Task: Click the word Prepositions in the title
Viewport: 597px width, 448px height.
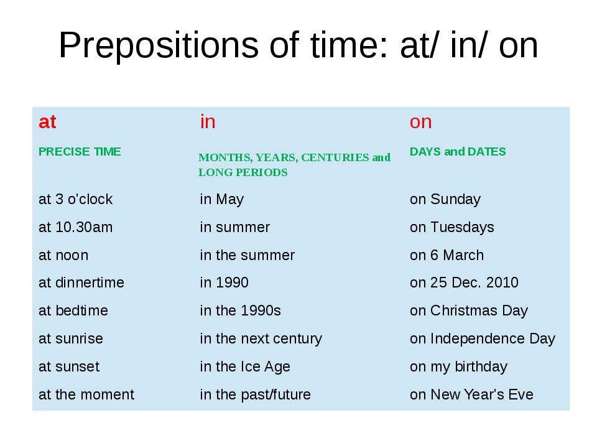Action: [159, 45]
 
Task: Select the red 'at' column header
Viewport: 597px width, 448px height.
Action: [47, 122]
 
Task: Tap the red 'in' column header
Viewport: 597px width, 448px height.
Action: [208, 121]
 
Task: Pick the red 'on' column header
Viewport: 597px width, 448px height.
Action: [421, 123]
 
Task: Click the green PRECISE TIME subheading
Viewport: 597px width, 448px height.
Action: [80, 152]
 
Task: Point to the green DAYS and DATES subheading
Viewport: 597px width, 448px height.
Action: [458, 152]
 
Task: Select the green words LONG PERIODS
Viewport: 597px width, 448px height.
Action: [243, 172]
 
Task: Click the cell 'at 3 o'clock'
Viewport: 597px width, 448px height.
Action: [75, 199]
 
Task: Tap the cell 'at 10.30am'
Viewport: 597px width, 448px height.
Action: [75, 227]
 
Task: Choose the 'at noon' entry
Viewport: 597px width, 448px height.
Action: [63, 255]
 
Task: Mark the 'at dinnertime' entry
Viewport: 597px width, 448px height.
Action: [81, 282]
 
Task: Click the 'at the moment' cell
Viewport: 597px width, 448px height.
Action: [86, 394]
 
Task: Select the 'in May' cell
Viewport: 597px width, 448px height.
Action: [221, 199]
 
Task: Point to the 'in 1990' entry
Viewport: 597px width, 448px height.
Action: [224, 282]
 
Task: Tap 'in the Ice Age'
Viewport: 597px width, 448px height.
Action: [245, 367]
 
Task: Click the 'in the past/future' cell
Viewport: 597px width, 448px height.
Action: [255, 394]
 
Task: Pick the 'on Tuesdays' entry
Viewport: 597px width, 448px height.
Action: [452, 228]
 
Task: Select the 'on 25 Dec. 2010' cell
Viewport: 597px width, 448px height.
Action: [464, 282]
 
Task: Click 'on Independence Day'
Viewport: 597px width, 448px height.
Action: [483, 339]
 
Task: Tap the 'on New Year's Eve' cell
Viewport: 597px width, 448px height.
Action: [471, 394]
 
